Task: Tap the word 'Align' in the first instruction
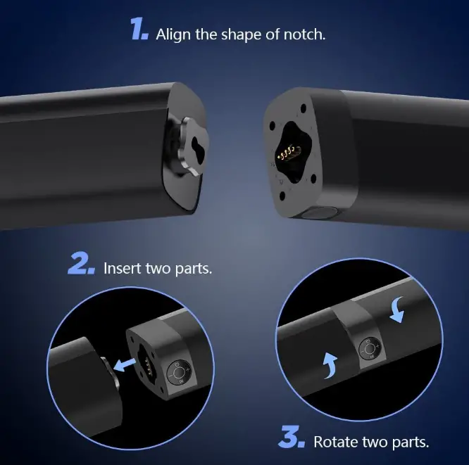(172, 34)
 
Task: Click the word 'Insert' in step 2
(123, 269)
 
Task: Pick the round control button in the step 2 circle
(178, 371)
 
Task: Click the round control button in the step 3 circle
(369, 348)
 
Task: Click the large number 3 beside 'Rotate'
(290, 438)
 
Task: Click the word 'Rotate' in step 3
(332, 442)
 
